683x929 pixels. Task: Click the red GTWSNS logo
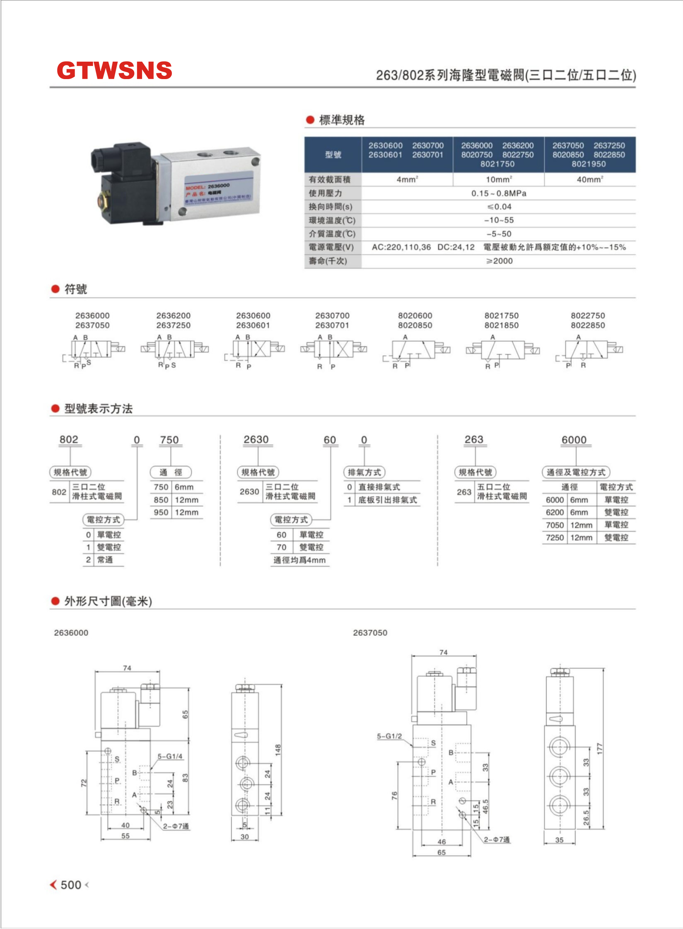coord(114,70)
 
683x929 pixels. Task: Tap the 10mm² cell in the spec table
coord(499,179)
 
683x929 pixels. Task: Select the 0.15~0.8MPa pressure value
coord(499,193)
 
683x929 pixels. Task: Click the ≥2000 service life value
coord(499,261)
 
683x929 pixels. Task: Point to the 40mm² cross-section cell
coord(590,179)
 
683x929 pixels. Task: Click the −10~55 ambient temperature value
coord(499,220)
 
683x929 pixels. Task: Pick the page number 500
coord(71,885)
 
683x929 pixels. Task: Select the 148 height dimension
coord(278,749)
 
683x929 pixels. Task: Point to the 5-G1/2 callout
coord(389,736)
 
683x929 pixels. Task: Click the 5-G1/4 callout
coord(170,756)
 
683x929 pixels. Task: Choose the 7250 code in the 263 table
coord(555,538)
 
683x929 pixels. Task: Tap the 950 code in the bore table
coord(161,512)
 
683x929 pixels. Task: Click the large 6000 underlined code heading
coord(574,440)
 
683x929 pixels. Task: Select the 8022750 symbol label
coord(588,316)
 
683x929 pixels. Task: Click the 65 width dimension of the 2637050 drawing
coord(442,852)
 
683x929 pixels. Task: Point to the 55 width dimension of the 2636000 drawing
coord(125,836)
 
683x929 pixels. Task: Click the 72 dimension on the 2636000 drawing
coord(84,783)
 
